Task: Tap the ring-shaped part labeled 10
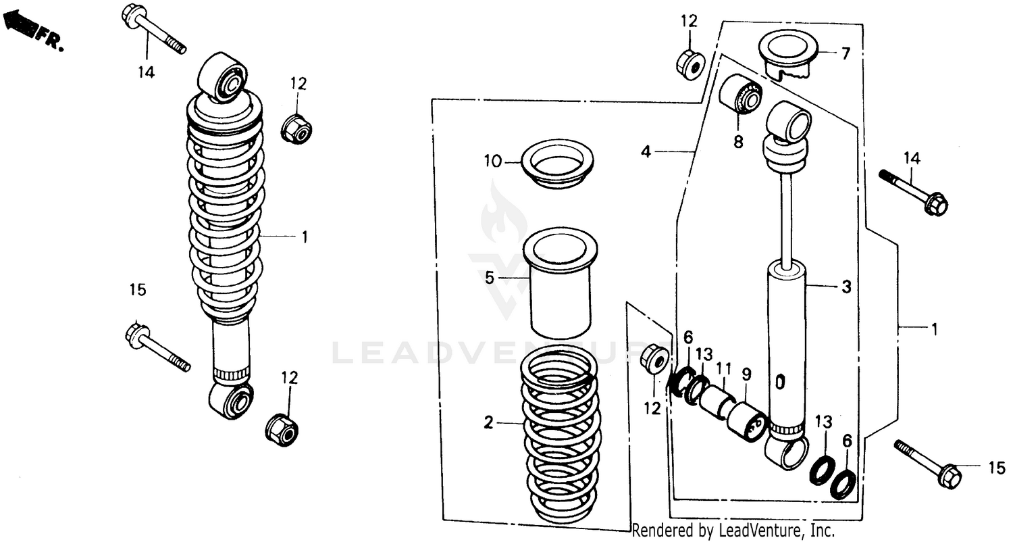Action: (556, 164)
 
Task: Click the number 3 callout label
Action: (846, 287)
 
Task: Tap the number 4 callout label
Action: (646, 153)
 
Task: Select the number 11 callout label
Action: (724, 368)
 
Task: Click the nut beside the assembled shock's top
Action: (296, 128)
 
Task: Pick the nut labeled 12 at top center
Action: (690, 61)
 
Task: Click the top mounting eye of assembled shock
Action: (222, 76)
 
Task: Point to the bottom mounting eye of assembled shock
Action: (232, 399)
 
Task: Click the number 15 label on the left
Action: (138, 290)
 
